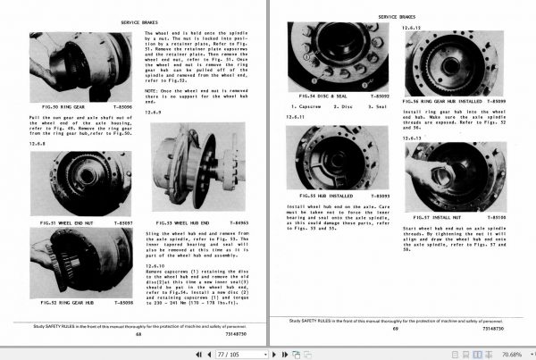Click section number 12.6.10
(x=158, y=268)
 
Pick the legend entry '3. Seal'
(x=381, y=106)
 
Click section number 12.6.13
(x=415, y=138)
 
